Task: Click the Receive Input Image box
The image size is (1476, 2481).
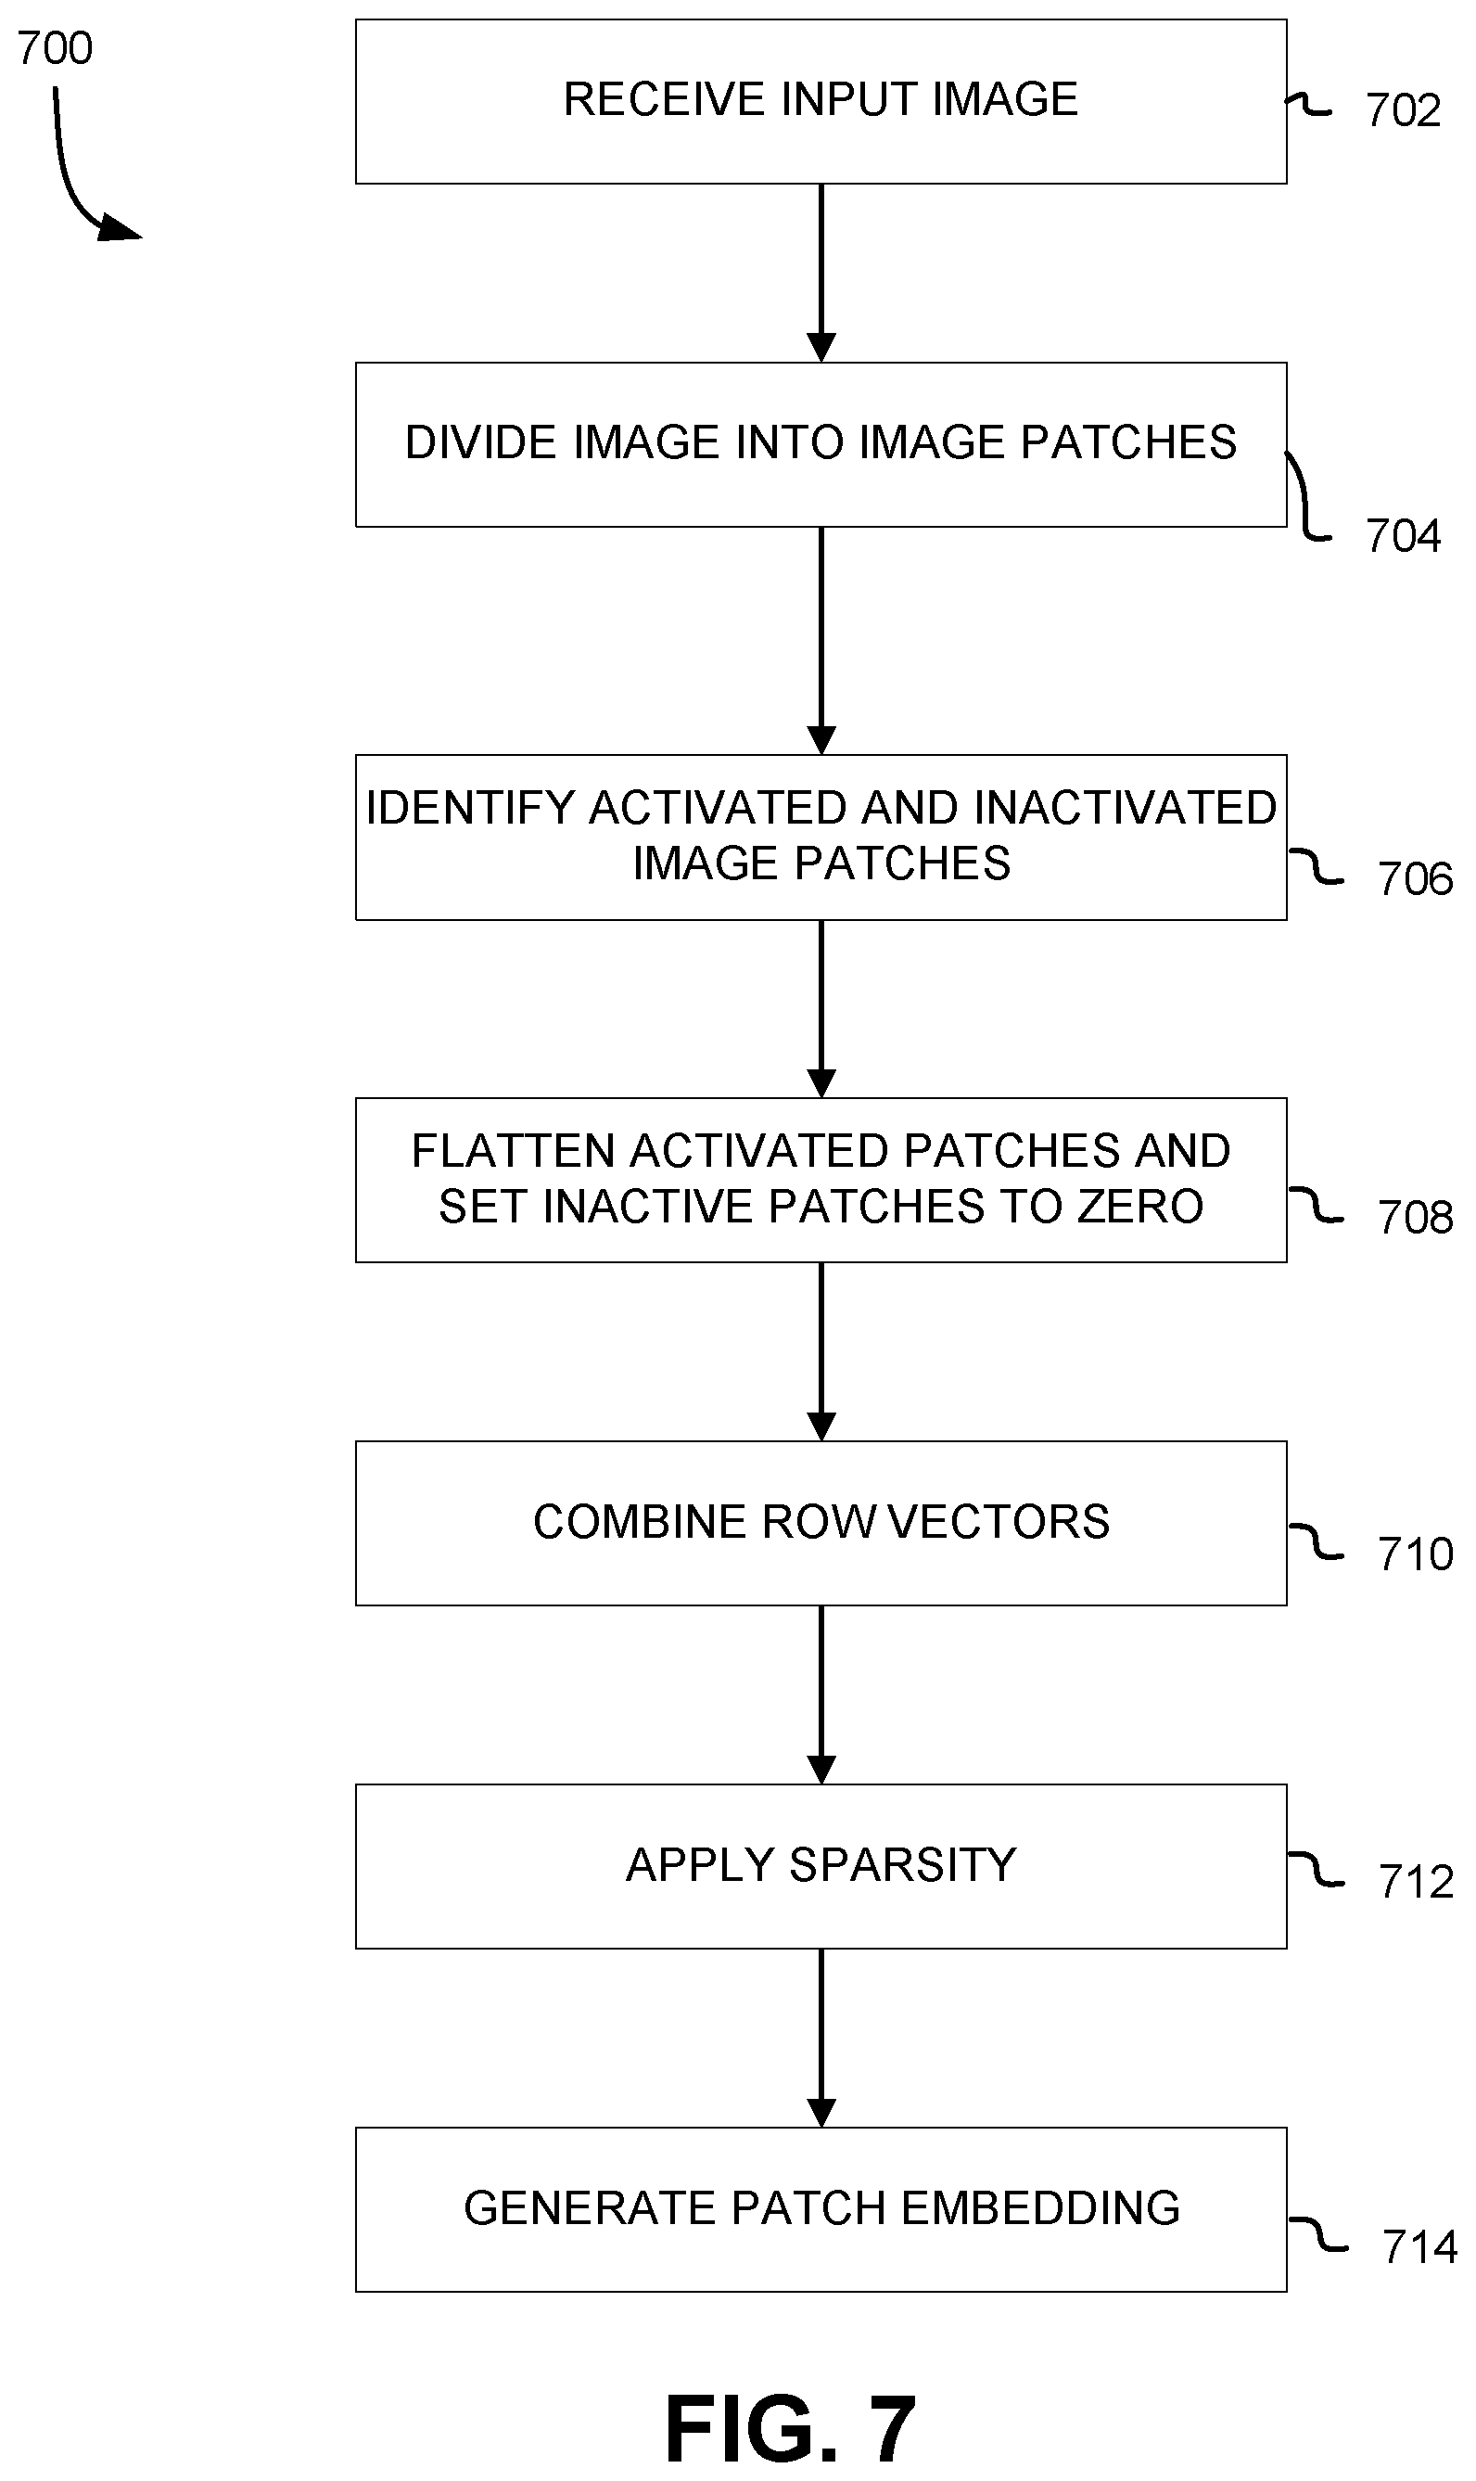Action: pos(821,101)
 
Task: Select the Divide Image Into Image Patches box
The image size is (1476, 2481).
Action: pos(821,444)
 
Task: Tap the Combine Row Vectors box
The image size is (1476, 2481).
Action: pos(821,1523)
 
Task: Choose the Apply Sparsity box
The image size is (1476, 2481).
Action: pos(821,1866)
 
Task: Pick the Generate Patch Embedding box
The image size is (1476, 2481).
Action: pos(821,2209)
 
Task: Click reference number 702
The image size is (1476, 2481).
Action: pos(1403,110)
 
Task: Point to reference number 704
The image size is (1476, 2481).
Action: pos(1403,536)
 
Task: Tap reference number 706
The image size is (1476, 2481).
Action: pos(1414,879)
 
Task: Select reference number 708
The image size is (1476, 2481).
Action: pos(1414,1218)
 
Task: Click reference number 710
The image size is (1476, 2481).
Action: pos(1414,1554)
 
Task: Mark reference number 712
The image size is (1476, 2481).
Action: pos(1416,1882)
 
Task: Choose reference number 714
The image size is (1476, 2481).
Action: pos(1419,2247)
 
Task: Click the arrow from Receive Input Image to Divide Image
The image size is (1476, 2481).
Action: pos(821,274)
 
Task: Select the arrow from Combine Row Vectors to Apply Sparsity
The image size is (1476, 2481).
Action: pos(821,1695)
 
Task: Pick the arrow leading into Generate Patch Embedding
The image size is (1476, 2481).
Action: pos(821,2039)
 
